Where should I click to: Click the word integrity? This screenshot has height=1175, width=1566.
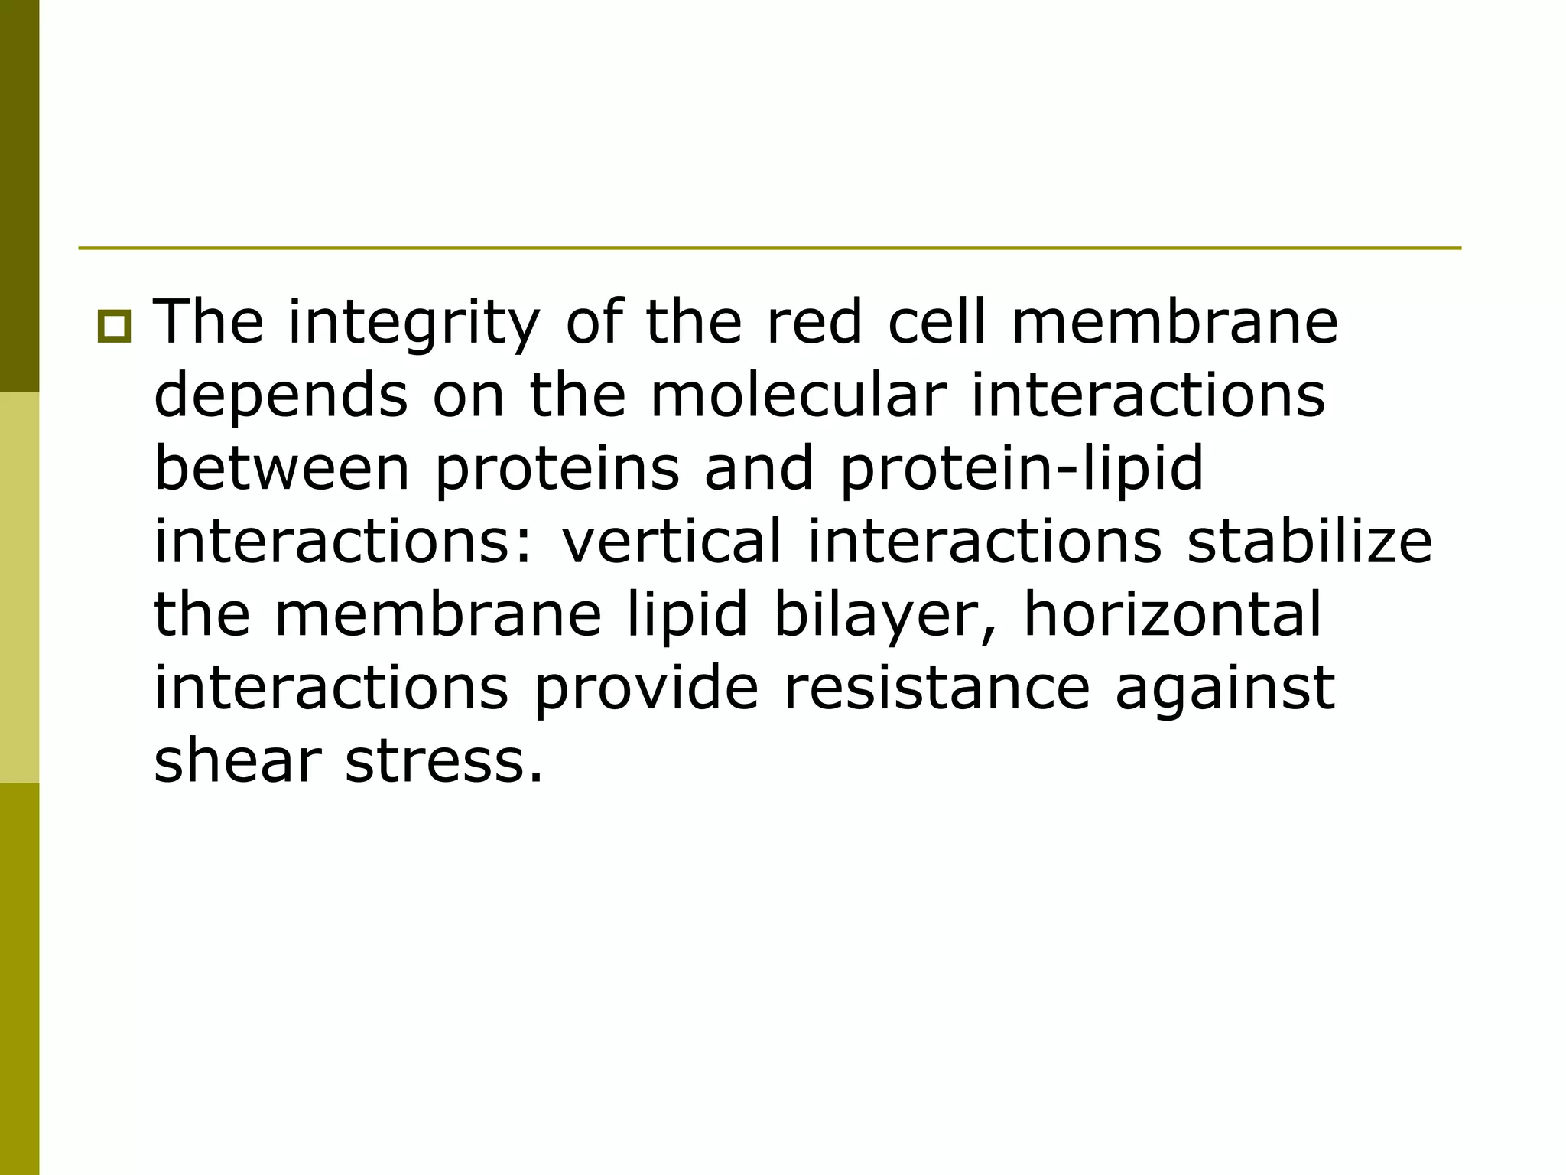(413, 324)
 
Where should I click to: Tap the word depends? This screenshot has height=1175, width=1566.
(281, 398)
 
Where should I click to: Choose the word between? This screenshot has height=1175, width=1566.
(282, 468)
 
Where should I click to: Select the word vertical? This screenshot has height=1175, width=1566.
(672, 541)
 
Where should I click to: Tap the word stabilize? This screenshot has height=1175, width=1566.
(1309, 541)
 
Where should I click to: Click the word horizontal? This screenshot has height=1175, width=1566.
(1172, 614)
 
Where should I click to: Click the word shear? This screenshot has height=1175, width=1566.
(237, 760)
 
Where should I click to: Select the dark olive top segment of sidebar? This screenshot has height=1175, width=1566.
(19, 196)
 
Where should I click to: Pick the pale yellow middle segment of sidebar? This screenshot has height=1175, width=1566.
(19, 587)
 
